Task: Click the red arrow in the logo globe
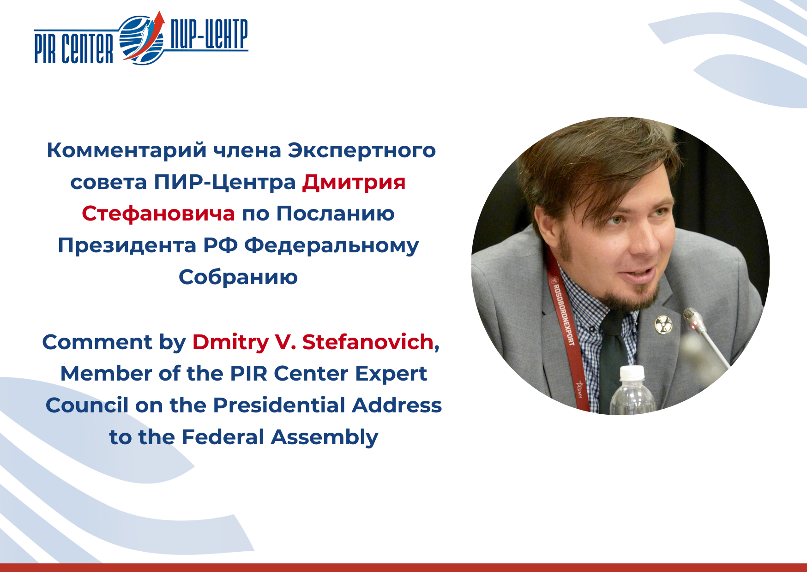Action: click(x=147, y=39)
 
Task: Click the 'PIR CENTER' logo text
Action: click(x=74, y=48)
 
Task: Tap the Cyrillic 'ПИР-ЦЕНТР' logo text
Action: click(x=209, y=34)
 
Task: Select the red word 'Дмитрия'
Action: click(x=354, y=182)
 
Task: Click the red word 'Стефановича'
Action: click(x=158, y=214)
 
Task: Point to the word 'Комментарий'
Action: click(x=126, y=151)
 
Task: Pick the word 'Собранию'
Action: click(x=238, y=277)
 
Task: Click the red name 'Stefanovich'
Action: click(x=368, y=342)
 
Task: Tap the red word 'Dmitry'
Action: click(x=230, y=343)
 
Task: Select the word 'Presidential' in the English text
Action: click(x=279, y=405)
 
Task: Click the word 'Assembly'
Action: click(x=325, y=437)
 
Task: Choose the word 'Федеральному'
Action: click(x=331, y=246)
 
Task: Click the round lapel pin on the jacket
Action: click(x=663, y=324)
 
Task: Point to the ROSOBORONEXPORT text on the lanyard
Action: click(x=564, y=315)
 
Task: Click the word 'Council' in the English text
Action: click(x=87, y=405)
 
